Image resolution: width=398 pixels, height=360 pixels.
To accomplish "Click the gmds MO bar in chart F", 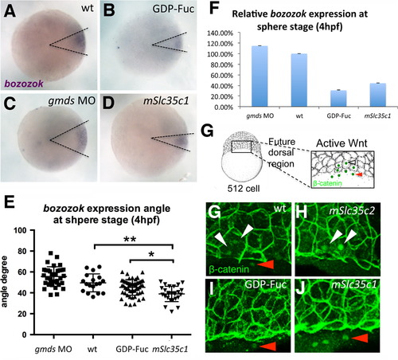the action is tap(259, 76).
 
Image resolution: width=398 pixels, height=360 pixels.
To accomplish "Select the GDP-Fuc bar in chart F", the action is tap(338, 99).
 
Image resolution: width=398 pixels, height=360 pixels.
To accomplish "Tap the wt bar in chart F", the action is tap(299, 80).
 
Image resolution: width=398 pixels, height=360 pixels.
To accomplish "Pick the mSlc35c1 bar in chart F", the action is tap(378, 95).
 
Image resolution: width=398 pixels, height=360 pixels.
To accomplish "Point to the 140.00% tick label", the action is tap(220, 33).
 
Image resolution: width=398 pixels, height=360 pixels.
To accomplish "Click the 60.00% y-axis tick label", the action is tap(221, 76).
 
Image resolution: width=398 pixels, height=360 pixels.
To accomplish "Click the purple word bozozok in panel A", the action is tap(24, 84).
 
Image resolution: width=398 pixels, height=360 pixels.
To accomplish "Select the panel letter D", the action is tap(108, 103).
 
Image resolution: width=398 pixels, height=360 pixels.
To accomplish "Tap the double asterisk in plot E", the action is tap(131, 240).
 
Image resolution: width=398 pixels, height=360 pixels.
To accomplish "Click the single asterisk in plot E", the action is tap(151, 255).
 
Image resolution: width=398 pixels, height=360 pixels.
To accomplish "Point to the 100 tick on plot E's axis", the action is tap(21, 230).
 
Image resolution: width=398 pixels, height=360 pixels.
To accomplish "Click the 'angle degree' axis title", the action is tap(4, 282).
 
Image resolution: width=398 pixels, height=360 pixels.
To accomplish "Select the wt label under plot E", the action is tap(92, 349).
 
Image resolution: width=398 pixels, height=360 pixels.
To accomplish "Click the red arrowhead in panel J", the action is tap(360, 338).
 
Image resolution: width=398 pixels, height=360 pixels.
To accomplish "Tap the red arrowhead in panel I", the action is tap(267, 346).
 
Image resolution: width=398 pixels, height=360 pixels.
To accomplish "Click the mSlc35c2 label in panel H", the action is tap(352, 210).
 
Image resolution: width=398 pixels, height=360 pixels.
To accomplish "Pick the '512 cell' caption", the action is tap(244, 188).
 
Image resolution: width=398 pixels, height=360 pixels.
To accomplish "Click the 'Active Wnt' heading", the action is tap(341, 143).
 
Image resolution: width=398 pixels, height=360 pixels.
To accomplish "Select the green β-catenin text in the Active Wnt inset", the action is tap(327, 183).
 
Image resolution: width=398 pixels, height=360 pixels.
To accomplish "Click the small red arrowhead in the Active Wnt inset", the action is tap(359, 174).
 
